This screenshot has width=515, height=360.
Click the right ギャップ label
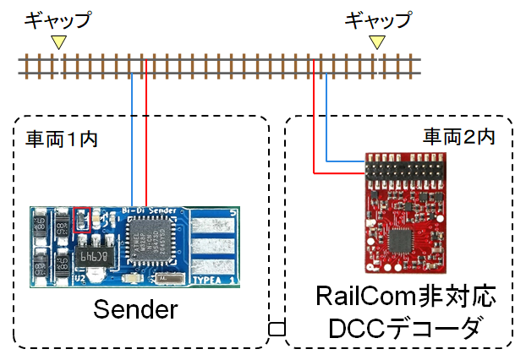pos(378,18)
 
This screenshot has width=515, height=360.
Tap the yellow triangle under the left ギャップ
pos(58,41)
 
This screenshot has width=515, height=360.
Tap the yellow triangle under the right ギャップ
pos(378,41)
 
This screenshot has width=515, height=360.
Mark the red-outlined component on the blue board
pos(82,220)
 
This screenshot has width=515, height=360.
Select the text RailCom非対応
pos(403,298)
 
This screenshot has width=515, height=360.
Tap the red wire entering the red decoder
pos(338,173)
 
